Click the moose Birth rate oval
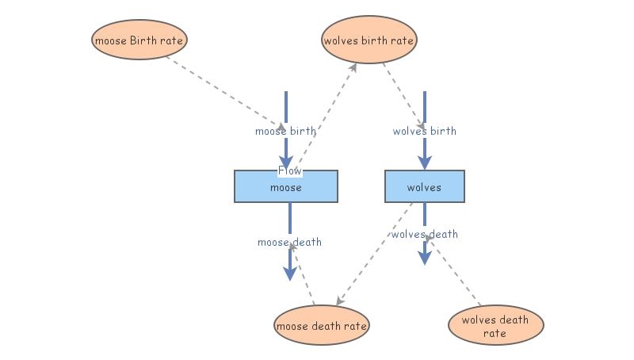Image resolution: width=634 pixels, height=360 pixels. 140,39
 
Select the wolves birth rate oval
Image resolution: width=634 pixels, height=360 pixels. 369,39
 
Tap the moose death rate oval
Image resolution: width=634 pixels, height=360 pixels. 322,325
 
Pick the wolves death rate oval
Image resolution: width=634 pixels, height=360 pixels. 495,326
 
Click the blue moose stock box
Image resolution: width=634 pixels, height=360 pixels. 286,188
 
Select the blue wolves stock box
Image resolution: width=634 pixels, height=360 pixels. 424,187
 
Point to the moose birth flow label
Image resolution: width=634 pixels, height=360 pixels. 285,131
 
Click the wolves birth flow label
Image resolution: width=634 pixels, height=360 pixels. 424,131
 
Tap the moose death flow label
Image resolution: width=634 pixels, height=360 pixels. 289,242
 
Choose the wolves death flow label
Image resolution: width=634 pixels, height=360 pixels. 424,234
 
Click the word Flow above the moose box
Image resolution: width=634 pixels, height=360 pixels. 289,170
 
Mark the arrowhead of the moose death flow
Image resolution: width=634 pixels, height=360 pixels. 290,274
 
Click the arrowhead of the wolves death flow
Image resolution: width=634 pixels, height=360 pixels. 425,258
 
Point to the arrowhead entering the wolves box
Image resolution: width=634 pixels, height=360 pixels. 425,162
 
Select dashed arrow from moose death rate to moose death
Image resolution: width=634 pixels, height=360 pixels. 303,274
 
